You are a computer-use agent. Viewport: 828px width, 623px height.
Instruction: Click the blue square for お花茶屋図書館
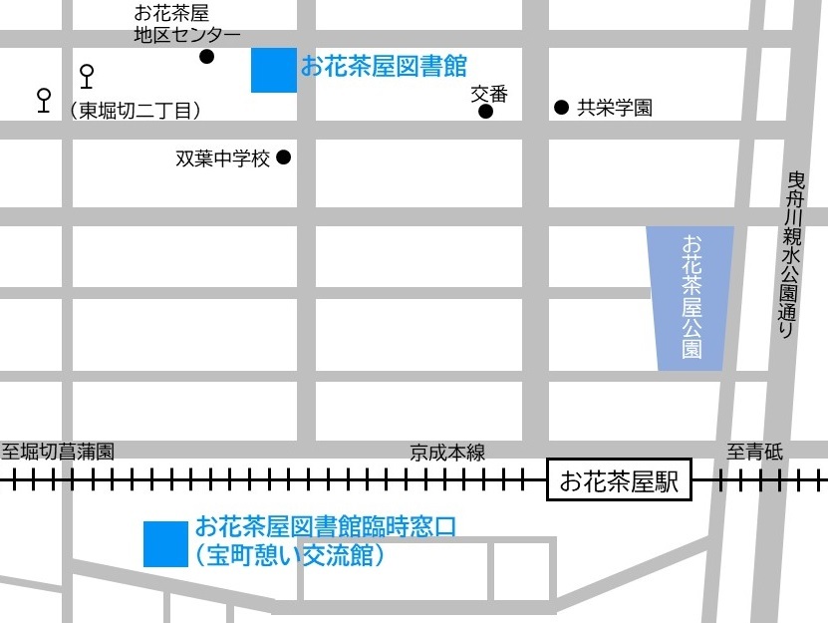tap(273, 70)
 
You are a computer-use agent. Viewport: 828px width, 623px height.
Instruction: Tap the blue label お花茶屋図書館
tap(384, 67)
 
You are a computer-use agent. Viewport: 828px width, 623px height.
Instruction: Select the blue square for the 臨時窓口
tap(165, 544)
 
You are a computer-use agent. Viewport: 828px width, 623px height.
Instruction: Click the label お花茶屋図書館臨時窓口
tap(326, 525)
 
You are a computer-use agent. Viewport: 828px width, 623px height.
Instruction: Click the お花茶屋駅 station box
tap(619, 482)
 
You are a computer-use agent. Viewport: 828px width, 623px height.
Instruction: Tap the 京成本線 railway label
tap(447, 453)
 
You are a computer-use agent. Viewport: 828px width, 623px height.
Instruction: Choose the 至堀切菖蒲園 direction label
tap(58, 452)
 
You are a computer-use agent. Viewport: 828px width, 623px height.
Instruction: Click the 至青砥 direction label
tap(754, 452)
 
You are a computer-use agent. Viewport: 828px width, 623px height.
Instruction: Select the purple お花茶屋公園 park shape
tap(690, 298)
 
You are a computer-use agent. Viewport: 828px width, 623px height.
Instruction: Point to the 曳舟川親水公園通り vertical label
tap(795, 254)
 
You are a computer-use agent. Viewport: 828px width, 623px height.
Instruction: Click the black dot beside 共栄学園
tap(561, 107)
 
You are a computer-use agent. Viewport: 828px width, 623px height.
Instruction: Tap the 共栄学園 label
tap(615, 108)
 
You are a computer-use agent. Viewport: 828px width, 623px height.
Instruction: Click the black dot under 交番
tap(485, 112)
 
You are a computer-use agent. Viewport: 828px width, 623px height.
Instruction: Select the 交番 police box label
tap(489, 94)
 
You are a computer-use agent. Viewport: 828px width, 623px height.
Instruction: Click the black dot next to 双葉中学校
tap(283, 156)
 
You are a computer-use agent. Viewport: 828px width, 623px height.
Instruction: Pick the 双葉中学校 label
tap(223, 158)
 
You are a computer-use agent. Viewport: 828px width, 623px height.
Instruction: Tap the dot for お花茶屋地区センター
tap(206, 57)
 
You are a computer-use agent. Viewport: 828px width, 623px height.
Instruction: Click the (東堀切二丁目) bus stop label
tap(137, 110)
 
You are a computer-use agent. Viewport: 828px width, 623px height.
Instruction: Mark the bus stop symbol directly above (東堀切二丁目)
tap(87, 75)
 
